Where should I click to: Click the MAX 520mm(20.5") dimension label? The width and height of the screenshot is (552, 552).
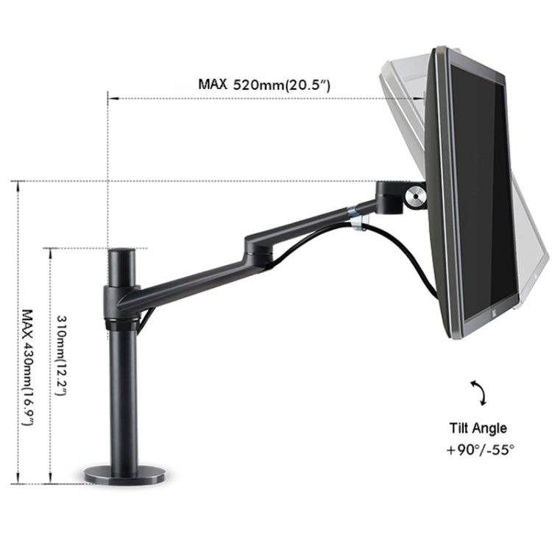tap(263, 84)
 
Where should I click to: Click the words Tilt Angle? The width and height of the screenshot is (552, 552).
tap(478, 428)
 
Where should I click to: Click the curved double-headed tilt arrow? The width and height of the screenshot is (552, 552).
tap(478, 393)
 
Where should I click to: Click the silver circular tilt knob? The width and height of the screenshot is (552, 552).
tap(414, 198)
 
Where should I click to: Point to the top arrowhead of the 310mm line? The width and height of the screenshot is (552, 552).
tap(50, 251)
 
